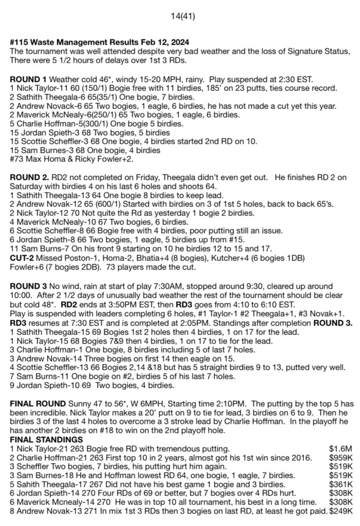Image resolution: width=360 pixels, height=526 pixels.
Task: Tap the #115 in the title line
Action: pos(18,41)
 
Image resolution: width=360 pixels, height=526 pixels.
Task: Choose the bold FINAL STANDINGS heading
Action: pos(44,440)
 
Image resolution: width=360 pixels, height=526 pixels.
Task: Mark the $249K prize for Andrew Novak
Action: pos(340,511)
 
